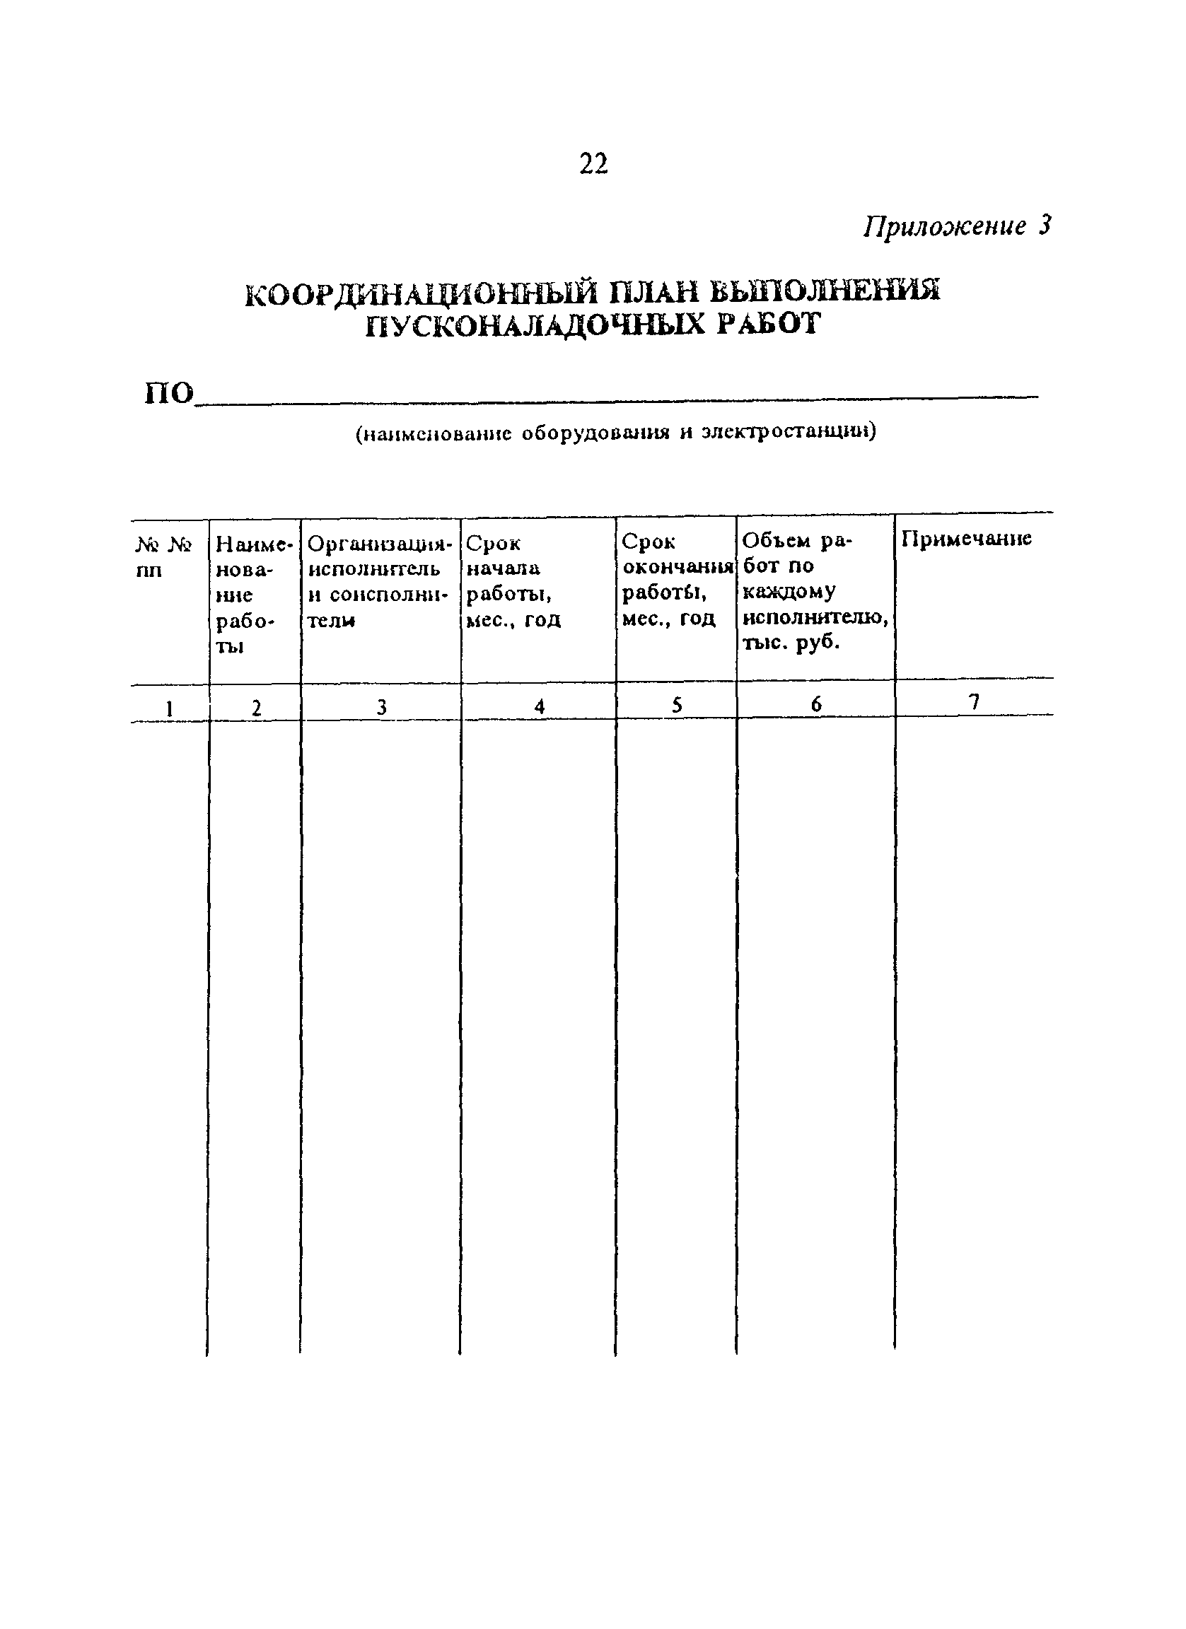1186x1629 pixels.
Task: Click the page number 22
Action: [593, 165]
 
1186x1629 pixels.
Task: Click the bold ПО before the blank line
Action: [170, 394]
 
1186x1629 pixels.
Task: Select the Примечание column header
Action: [966, 539]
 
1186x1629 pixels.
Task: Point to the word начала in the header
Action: [503, 568]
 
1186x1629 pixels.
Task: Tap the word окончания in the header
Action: [678, 567]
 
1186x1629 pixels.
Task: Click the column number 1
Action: [170, 708]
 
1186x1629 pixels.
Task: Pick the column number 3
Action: [381, 708]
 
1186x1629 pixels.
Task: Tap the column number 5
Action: [676, 706]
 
